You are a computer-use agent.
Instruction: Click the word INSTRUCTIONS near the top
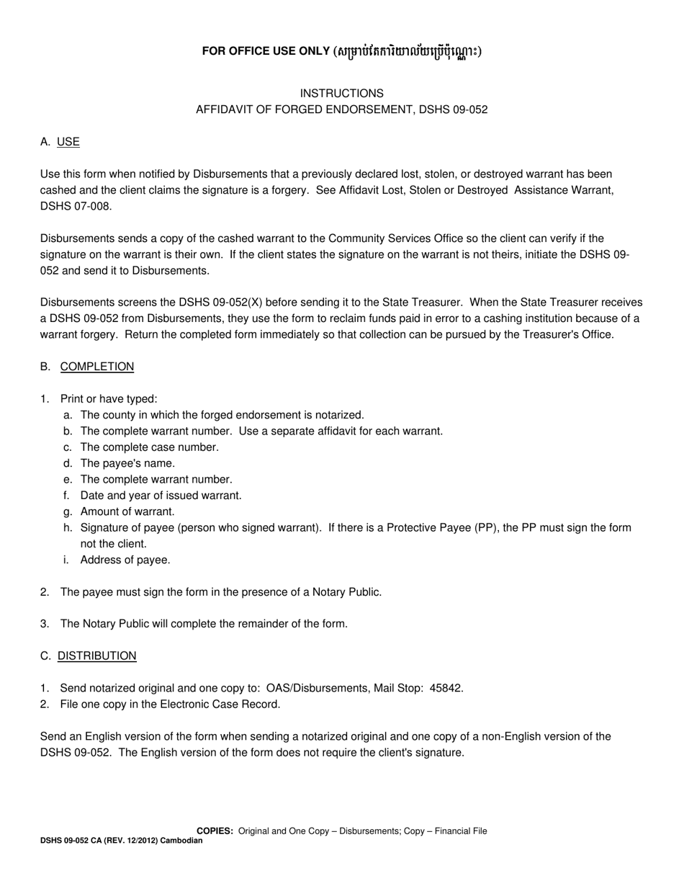coord(341,94)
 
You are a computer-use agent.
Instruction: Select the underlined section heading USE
coord(68,142)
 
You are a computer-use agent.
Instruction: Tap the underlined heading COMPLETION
coord(96,367)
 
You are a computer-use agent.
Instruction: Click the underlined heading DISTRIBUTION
coord(96,656)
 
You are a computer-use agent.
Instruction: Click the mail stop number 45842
coord(446,688)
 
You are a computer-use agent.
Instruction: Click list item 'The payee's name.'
coord(127,463)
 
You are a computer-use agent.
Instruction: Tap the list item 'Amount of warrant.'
coord(127,511)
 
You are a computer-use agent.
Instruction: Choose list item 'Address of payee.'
coord(125,560)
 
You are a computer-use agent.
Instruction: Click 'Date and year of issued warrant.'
coord(161,496)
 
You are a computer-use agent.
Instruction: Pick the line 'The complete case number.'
coord(149,447)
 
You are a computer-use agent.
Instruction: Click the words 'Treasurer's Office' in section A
coord(568,334)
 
